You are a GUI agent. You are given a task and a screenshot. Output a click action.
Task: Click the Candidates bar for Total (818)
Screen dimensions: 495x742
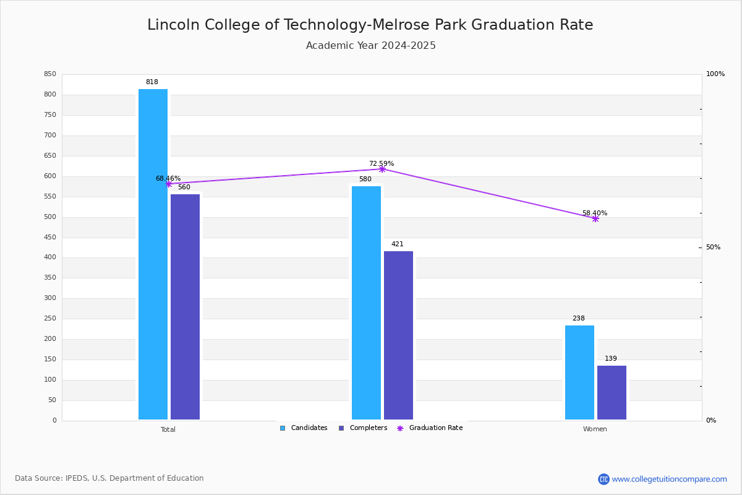point(153,254)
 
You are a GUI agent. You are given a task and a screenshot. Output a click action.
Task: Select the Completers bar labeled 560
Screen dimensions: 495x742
point(185,306)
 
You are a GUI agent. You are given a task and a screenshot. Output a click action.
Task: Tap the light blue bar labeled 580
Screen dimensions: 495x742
point(366,303)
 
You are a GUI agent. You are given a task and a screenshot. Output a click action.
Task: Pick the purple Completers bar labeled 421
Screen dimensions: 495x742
point(398,335)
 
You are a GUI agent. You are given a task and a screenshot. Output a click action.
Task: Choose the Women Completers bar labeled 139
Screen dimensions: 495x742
point(612,392)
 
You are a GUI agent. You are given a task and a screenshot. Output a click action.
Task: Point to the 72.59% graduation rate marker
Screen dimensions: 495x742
point(382,169)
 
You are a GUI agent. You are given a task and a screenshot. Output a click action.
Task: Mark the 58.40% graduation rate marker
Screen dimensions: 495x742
point(595,218)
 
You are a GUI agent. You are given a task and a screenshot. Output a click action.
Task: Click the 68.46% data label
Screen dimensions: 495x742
point(168,178)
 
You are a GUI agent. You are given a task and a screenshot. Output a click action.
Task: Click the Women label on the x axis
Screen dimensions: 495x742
point(595,429)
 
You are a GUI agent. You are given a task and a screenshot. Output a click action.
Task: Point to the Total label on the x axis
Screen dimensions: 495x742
point(168,429)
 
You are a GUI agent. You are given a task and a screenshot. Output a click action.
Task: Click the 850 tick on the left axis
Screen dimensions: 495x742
point(50,74)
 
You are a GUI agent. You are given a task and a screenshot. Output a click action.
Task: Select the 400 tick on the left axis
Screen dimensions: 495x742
point(50,257)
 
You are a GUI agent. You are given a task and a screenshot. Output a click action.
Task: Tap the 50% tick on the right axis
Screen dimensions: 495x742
point(713,247)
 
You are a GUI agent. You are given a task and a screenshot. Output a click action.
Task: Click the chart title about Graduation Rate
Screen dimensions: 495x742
point(370,25)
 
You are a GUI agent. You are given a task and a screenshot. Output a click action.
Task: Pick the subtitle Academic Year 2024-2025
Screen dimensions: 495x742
point(370,46)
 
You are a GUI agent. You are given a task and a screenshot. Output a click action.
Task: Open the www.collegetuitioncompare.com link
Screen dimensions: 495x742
point(669,479)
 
